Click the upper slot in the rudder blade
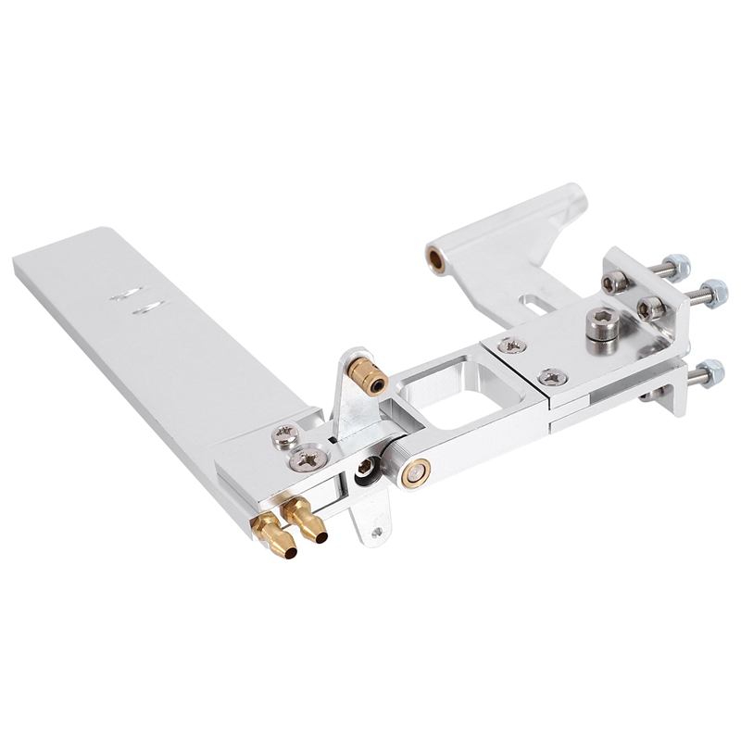[125, 295]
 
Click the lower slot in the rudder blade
[148, 308]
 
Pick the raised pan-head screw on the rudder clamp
[285, 433]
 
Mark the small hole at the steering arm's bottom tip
[376, 533]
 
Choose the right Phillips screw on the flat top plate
[553, 376]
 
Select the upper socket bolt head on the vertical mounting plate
[614, 281]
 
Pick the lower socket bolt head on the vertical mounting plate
[650, 308]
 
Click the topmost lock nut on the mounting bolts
[677, 266]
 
